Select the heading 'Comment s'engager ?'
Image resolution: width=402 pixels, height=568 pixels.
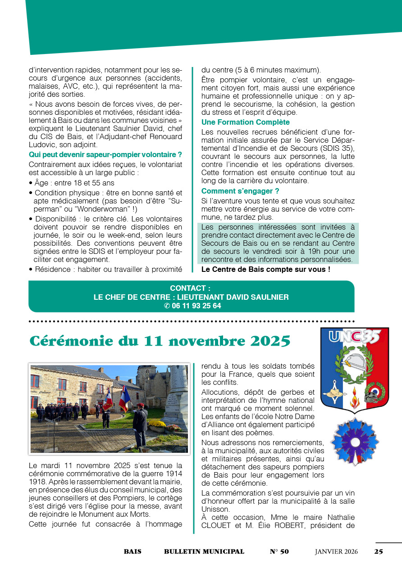pos(240,191)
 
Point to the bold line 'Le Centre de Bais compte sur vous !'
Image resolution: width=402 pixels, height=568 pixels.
pos(265,270)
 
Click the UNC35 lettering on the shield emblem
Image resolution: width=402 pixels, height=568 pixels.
pos(354,337)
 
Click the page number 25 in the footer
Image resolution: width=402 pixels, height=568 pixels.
pos(379,552)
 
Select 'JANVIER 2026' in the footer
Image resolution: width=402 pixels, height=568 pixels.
pos(336,552)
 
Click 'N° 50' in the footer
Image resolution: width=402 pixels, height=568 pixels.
pos(279,552)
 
